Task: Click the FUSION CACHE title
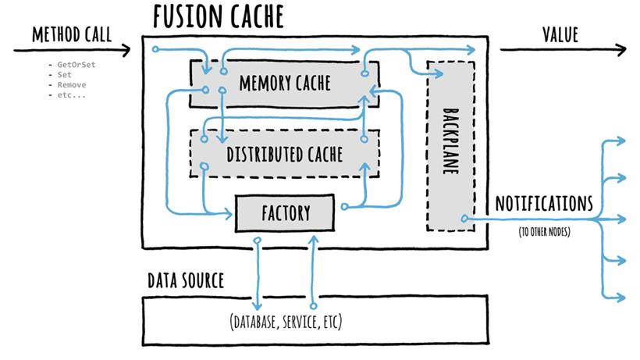point(219,16)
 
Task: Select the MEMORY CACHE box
point(285,84)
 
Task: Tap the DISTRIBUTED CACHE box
point(285,154)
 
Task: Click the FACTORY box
point(285,213)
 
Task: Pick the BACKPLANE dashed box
point(450,146)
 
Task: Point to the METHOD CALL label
point(72,34)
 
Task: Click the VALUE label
point(560,34)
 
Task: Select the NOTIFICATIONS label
point(544,203)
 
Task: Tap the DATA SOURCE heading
point(186,280)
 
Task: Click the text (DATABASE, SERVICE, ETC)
point(286,322)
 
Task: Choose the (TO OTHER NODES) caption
point(545,232)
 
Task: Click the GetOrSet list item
point(76,65)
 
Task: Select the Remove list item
point(72,85)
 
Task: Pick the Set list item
point(65,75)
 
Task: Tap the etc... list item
point(72,95)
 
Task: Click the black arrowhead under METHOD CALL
point(126,50)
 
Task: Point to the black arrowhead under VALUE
point(620,50)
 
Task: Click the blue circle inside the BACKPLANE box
point(464,219)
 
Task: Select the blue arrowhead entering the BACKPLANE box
point(439,73)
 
